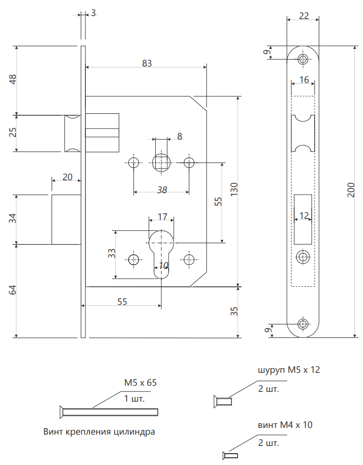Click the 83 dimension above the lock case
(x=147, y=63)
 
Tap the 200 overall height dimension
(x=351, y=190)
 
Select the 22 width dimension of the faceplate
(x=304, y=15)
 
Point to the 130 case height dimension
(x=234, y=189)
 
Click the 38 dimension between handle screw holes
(x=162, y=190)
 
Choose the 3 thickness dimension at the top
(x=93, y=13)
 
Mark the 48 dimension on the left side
(x=13, y=79)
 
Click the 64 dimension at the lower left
(x=13, y=290)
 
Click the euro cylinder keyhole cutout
(x=161, y=254)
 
